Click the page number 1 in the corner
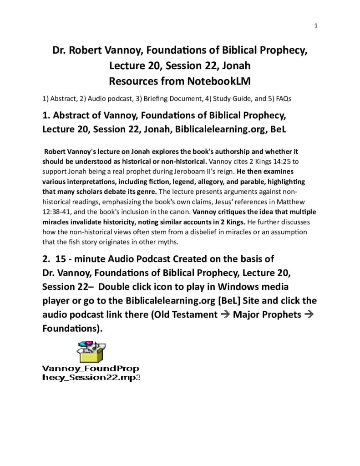(315, 26)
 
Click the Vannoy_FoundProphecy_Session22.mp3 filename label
(91, 373)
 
